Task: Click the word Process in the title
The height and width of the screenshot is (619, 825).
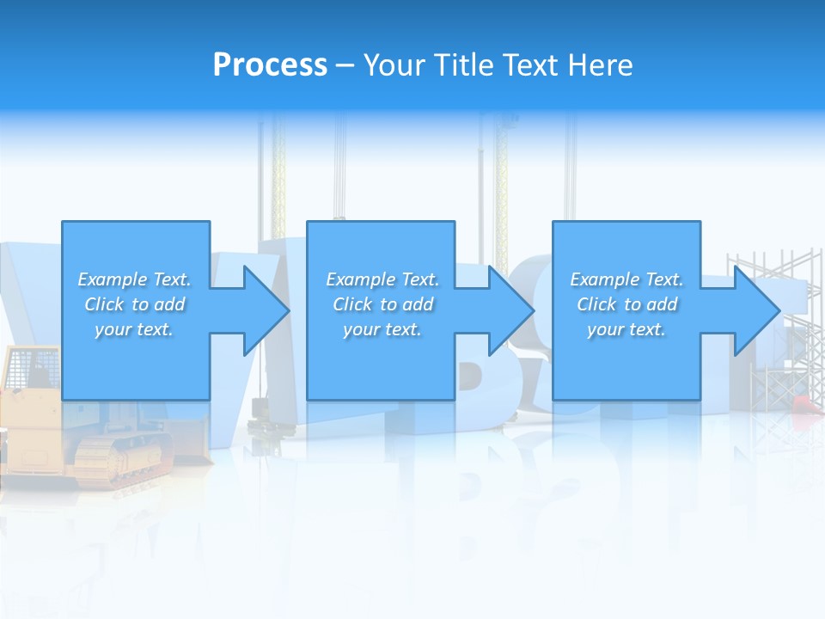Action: click(x=270, y=65)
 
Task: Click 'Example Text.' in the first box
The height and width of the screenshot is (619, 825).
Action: click(x=134, y=279)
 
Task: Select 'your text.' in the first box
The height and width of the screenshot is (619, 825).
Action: click(x=134, y=329)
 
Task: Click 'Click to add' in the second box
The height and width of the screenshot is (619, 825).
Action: click(x=382, y=304)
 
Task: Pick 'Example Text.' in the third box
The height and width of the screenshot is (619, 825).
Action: click(x=626, y=279)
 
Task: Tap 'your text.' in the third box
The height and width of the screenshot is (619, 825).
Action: click(x=626, y=329)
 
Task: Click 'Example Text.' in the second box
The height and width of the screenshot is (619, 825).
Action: click(x=382, y=279)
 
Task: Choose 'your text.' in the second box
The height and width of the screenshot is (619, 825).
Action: click(x=382, y=329)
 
